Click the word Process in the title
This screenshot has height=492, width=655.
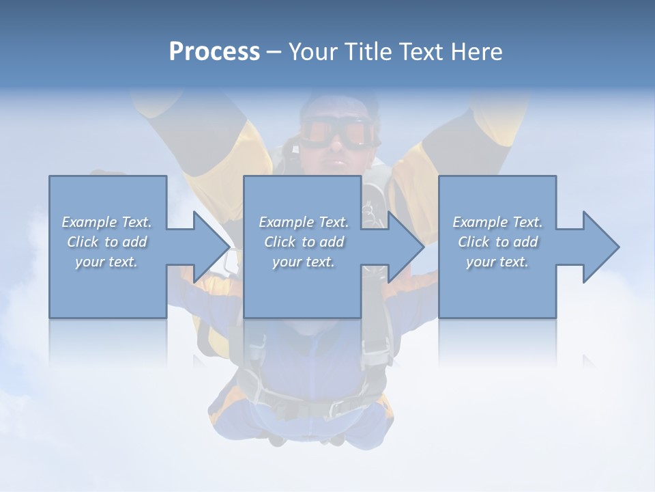coord(214,52)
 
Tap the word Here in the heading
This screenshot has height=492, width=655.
coord(476,52)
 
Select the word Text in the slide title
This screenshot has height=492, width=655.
coord(419,52)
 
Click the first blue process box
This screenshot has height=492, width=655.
coord(108,287)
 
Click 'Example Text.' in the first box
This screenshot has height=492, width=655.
coord(107,222)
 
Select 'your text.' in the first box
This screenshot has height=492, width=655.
coord(107,262)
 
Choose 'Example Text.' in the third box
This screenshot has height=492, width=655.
coord(498,222)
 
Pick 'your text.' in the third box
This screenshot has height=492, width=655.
coord(498,262)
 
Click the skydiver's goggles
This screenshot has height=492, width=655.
coord(340,131)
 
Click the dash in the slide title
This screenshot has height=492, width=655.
coord(274,52)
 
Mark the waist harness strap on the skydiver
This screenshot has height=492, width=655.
coord(307,403)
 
